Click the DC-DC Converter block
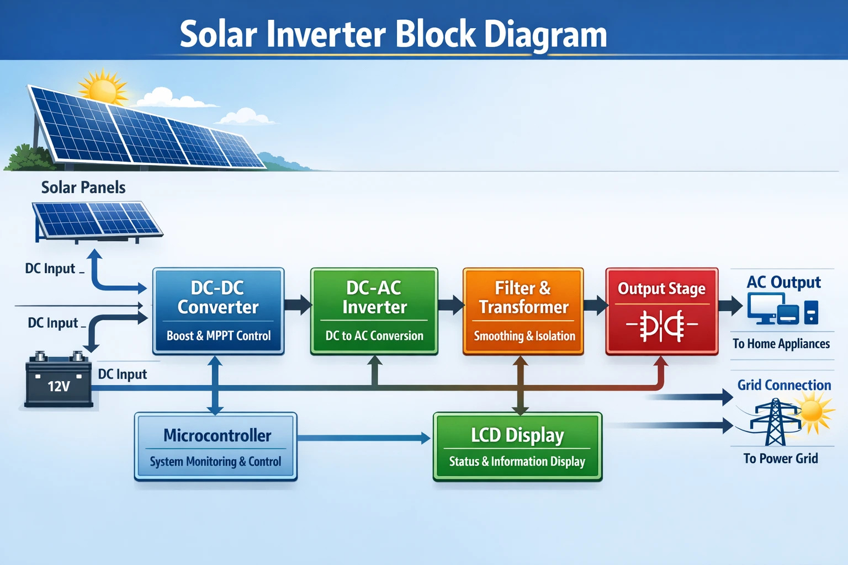pos(218,311)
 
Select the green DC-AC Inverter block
pos(374,311)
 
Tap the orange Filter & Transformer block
pos(523,311)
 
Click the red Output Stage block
pos(661,311)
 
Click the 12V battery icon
pos(58,381)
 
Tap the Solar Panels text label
pos(83,188)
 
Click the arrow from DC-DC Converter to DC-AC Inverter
pos(298,305)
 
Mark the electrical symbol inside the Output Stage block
pos(661,326)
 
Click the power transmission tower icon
pos(775,422)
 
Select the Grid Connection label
pos(784,385)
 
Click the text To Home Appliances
pos(781,344)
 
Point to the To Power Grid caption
pos(780,459)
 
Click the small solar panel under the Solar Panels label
pos(97,221)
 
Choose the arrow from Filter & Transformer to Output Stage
pos(595,305)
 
